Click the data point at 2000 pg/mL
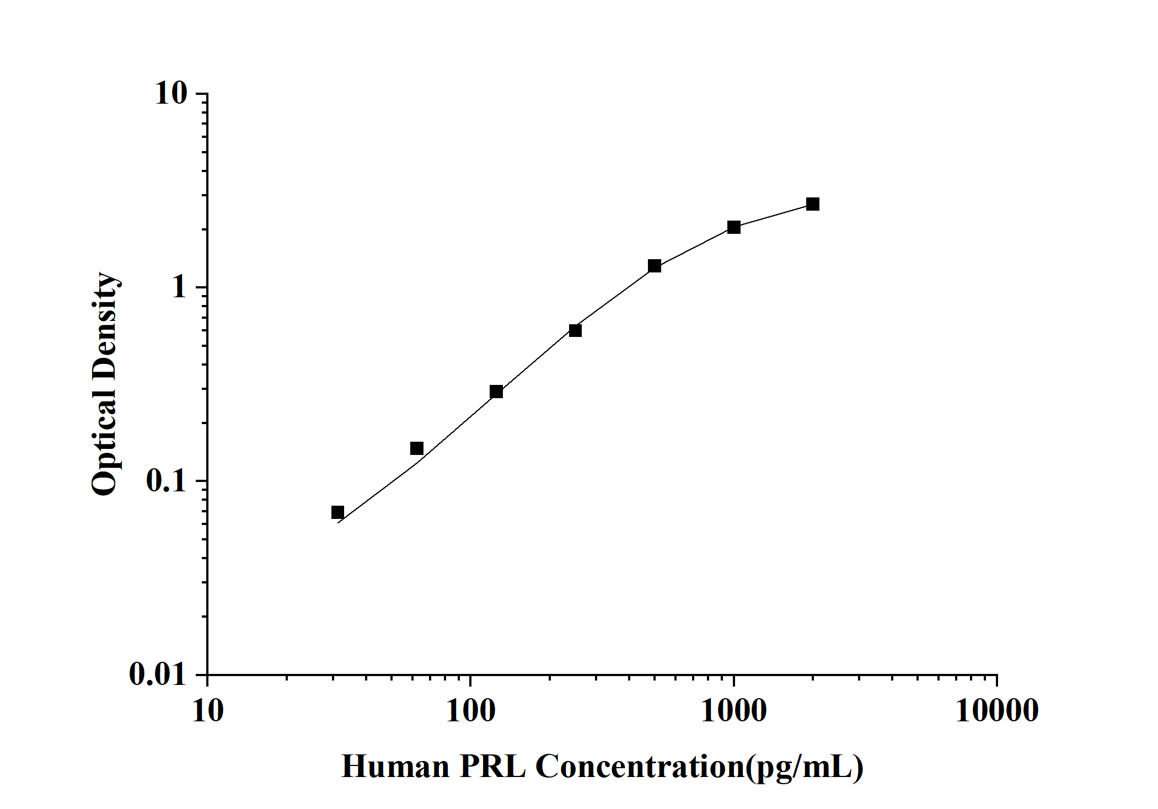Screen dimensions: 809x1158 click(x=812, y=204)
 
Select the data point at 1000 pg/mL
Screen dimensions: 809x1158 click(x=733, y=227)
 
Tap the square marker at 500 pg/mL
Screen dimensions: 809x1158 click(x=655, y=266)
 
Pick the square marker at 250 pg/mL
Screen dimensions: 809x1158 click(x=575, y=330)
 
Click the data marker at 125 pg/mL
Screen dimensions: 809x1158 click(x=496, y=392)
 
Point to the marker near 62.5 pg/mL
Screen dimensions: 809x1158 click(x=417, y=448)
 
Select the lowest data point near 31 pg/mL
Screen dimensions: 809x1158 click(x=337, y=512)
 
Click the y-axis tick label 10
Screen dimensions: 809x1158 click(x=171, y=94)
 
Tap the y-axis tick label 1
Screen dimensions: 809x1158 click(x=180, y=287)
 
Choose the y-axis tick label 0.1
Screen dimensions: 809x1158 click(x=167, y=481)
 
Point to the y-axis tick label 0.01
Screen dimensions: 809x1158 click(x=159, y=674)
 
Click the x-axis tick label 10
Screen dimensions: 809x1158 click(x=208, y=711)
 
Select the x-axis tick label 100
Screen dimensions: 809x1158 click(x=470, y=711)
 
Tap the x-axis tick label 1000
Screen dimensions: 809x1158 click(x=733, y=711)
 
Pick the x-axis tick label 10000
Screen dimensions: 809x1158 click(x=997, y=711)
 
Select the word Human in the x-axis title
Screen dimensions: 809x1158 click(x=395, y=767)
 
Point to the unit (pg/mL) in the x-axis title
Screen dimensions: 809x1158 click(x=805, y=767)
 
